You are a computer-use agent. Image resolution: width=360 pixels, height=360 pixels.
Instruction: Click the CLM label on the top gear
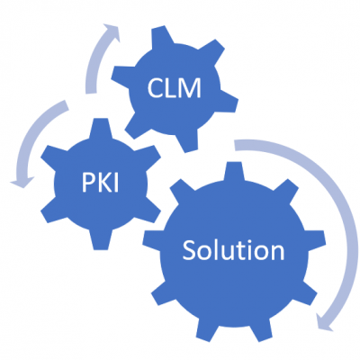174,88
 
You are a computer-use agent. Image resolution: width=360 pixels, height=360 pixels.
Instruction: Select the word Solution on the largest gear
233,250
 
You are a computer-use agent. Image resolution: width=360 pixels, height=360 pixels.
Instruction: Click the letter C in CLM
155,88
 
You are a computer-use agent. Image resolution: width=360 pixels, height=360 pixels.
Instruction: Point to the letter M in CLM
191,88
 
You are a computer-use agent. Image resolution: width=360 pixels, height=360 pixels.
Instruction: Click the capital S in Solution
190,250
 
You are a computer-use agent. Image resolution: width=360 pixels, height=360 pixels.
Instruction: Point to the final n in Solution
276,253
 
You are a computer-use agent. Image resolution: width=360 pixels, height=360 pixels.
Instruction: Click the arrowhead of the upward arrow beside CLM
112,32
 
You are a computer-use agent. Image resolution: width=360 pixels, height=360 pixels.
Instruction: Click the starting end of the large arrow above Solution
235,145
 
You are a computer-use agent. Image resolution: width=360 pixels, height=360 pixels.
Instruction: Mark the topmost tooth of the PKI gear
101,129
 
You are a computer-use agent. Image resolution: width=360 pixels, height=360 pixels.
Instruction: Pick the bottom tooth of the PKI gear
101,239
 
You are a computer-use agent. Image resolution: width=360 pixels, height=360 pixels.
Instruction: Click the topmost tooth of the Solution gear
233,172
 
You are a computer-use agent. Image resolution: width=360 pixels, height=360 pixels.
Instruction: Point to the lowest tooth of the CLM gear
188,141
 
